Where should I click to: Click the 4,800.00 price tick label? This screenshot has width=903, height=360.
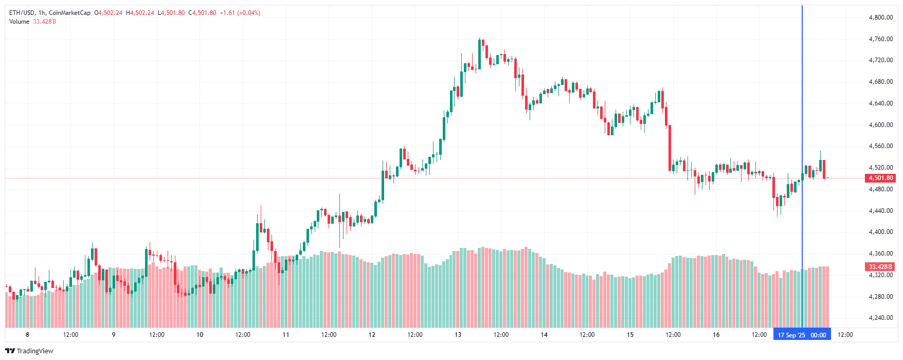880,17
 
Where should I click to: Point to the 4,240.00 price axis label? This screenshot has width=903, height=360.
880,318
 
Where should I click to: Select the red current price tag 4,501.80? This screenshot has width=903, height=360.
881,178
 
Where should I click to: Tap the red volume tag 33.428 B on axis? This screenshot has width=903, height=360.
880,267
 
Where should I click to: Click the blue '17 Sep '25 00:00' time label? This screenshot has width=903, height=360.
802,335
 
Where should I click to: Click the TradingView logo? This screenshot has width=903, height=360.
29,351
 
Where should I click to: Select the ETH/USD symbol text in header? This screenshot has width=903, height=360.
22,13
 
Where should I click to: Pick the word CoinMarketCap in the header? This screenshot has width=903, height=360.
70,13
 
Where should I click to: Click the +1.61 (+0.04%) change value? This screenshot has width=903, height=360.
240,13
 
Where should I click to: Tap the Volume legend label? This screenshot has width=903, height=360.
20,22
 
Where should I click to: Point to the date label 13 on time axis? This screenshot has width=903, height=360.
458,335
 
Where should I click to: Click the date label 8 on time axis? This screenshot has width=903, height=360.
27,335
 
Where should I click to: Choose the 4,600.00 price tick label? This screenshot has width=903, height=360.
880,125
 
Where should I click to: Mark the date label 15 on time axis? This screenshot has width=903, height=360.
630,335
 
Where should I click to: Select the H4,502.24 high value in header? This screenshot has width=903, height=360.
140,13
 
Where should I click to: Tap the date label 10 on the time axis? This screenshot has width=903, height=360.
200,335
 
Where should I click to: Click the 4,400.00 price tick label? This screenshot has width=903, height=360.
880,232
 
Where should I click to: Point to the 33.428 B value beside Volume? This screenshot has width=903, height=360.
45,22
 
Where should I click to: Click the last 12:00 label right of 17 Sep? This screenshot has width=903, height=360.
845,335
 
